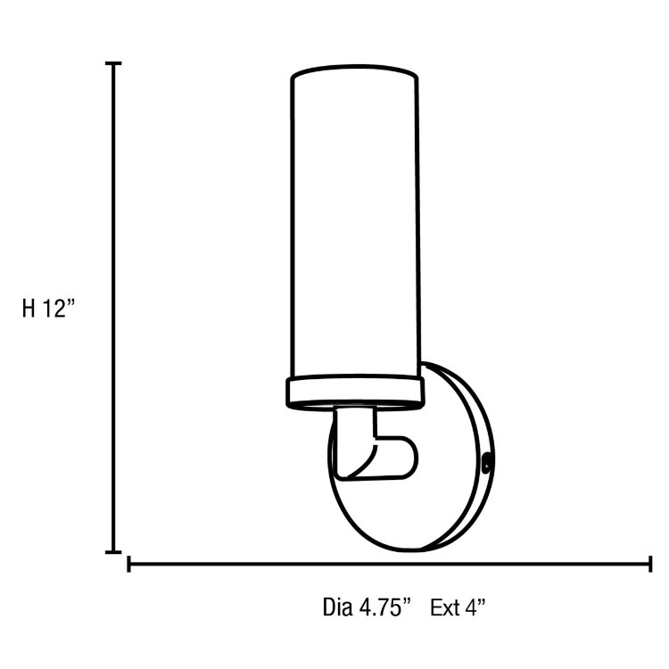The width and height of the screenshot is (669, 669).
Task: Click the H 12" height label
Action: tap(50, 309)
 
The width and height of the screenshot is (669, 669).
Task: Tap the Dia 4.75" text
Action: tap(367, 608)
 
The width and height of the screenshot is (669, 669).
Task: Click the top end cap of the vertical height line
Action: tap(113, 64)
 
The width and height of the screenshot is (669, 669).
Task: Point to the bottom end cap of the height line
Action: tap(113, 552)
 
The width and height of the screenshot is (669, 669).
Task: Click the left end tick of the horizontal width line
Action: tap(130, 564)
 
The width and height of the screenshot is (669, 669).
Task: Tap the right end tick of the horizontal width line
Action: tap(649, 564)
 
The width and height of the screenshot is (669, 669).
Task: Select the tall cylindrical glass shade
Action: tap(355, 223)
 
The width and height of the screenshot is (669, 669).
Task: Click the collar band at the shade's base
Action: tap(355, 391)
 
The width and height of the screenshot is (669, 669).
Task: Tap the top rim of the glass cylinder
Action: tap(355, 71)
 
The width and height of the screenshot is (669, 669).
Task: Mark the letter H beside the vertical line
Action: tap(29, 309)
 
